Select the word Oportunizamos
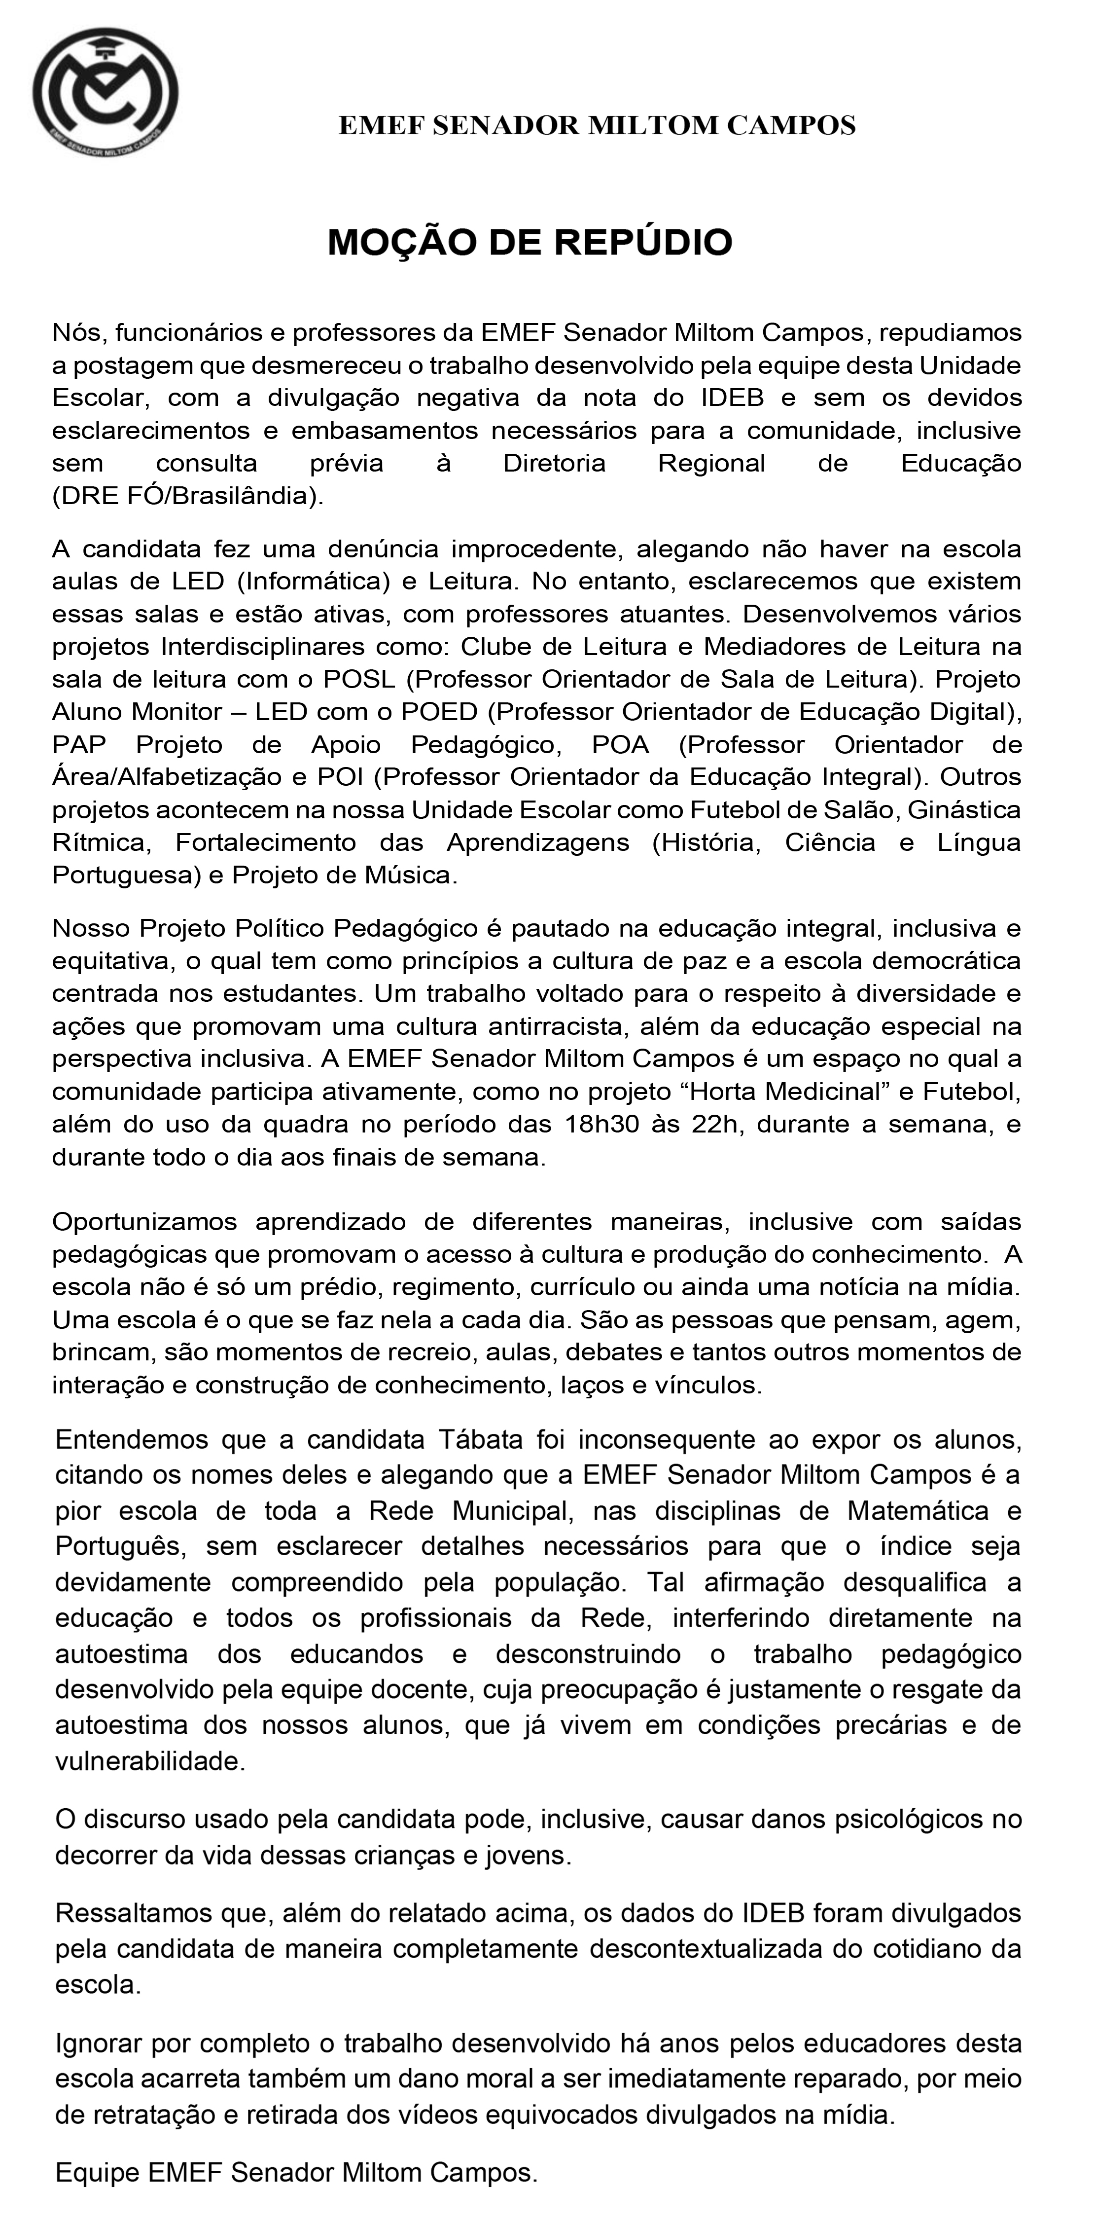pyautogui.click(x=145, y=1222)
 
